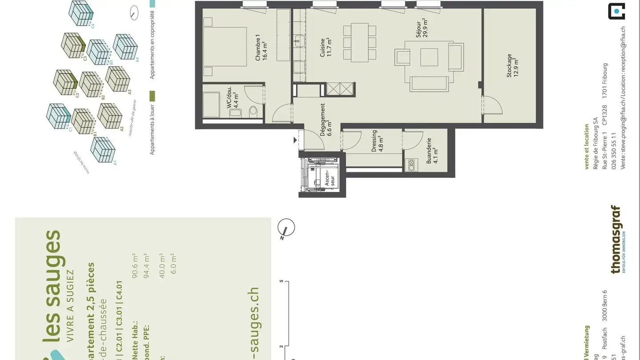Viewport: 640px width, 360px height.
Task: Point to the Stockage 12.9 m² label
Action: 512,66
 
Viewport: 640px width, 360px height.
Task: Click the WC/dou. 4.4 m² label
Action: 233,99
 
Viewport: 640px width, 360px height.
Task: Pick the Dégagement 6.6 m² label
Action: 326,120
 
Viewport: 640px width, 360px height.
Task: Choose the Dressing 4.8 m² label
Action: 377,141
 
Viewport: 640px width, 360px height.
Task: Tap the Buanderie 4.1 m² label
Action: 432,151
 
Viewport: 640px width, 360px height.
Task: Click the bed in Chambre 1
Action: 226,47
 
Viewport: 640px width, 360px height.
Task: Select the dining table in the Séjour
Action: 360,43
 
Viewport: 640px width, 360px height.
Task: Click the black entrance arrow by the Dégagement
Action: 295,140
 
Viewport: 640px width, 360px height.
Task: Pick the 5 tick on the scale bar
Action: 281,281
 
